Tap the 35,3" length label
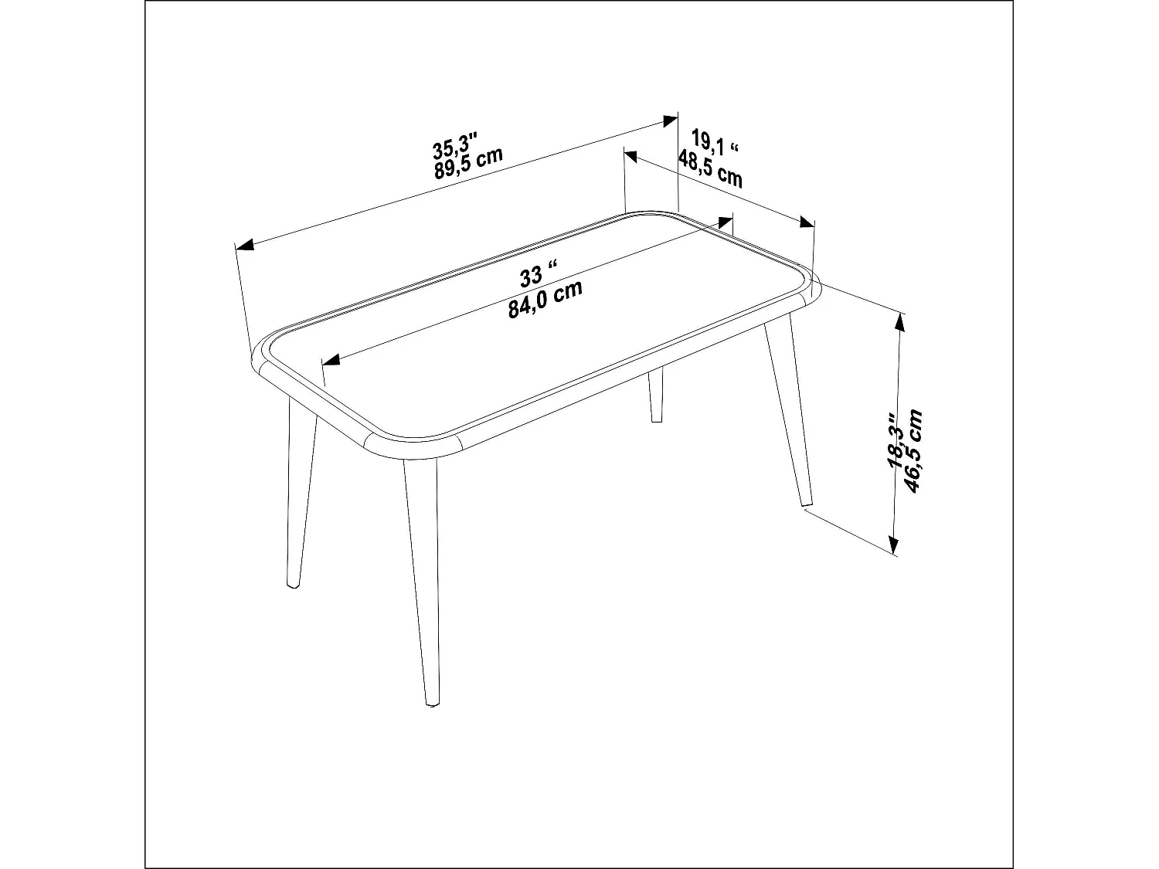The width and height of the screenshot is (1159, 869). click(455, 144)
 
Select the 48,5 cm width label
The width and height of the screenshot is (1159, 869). click(710, 169)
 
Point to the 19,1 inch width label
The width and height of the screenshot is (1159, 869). click(715, 142)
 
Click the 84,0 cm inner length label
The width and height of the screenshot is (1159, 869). click(545, 300)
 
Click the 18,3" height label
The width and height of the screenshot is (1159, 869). click(896, 440)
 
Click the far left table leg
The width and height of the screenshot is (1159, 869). click(300, 494)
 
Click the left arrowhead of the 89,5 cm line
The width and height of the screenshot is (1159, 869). click(245, 246)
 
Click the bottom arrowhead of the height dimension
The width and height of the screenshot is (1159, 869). click(895, 545)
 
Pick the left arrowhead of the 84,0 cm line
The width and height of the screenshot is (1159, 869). click(331, 361)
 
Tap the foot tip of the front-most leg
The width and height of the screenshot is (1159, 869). click(430, 704)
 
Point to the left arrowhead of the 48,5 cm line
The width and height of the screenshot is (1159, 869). click(631, 157)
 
